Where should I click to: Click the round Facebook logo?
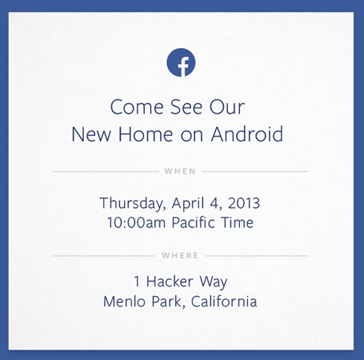click(x=181, y=62)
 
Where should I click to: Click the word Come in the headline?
click(x=137, y=107)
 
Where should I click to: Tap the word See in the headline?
click(x=186, y=107)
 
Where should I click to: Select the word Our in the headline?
click(x=227, y=107)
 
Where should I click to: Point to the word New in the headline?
click(x=91, y=134)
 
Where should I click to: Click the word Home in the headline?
click(x=146, y=134)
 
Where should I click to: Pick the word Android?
click(x=247, y=134)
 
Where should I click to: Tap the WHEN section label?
click(x=180, y=171)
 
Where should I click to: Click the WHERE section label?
click(x=180, y=255)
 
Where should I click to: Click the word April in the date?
click(x=188, y=203)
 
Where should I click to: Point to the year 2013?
click(x=244, y=203)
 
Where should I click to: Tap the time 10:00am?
click(x=136, y=223)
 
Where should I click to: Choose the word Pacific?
click(x=193, y=222)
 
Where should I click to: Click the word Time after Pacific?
click(x=238, y=222)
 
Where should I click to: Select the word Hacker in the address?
click(x=169, y=281)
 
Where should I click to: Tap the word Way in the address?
click(x=213, y=282)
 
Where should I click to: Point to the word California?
click(x=224, y=301)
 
